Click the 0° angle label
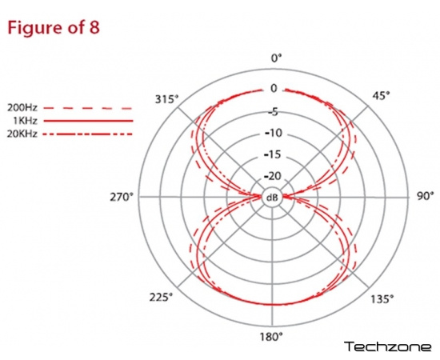[276, 58]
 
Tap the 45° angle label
[381, 96]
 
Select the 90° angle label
[425, 196]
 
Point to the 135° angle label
[382, 299]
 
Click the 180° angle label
[271, 337]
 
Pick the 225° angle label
[161, 297]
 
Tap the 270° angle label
[122, 198]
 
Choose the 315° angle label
[166, 99]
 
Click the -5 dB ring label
[274, 112]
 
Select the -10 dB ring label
[274, 133]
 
